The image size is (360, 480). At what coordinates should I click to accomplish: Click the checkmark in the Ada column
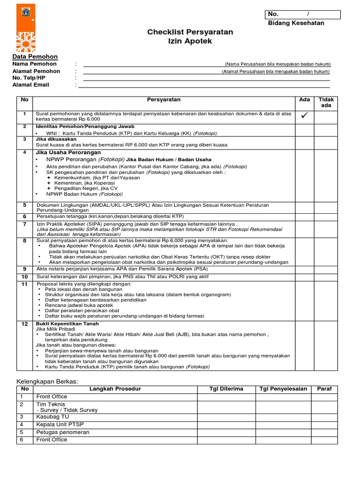coord(304,116)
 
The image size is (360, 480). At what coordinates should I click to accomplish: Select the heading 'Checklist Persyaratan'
coord(190,32)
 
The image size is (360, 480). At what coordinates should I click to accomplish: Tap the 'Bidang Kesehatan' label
coord(296,23)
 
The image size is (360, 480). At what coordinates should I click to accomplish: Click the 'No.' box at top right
coord(303,14)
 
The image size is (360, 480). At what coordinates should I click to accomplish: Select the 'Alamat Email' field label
coord(30,85)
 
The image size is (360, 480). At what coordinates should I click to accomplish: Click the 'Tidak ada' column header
coord(326,103)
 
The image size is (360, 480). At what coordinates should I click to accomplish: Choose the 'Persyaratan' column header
coord(164,100)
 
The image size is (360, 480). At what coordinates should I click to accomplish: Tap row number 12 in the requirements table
coord(25,324)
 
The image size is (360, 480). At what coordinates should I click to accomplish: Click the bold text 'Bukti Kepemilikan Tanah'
coord(67,324)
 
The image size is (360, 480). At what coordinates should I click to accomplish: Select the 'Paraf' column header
coord(324,389)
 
